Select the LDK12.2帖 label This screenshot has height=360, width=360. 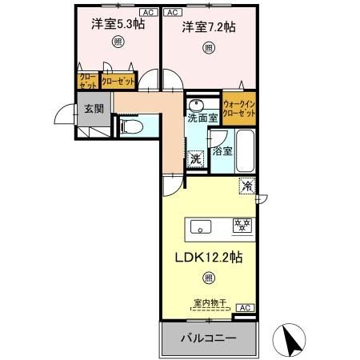point(207,258)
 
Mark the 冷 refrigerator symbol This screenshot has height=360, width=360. point(248,186)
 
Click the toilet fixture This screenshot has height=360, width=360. point(132,126)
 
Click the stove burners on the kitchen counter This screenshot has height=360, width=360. point(241,226)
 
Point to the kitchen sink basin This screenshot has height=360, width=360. point(201,226)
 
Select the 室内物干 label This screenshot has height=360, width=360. point(210,303)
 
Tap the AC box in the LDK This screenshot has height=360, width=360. point(246,307)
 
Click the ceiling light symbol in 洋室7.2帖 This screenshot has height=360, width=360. point(209,48)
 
